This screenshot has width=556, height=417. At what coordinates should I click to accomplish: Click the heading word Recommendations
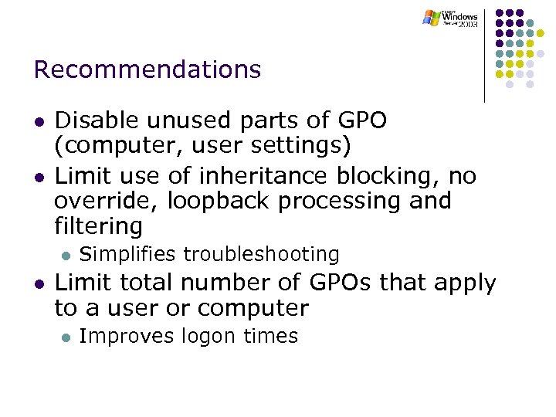click(x=147, y=70)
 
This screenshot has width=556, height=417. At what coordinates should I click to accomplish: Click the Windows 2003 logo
click(x=452, y=19)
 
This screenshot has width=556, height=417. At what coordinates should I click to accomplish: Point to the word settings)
click(x=302, y=145)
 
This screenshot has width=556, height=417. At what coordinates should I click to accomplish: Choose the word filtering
click(x=98, y=226)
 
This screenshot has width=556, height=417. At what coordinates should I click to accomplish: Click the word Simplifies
click(x=128, y=254)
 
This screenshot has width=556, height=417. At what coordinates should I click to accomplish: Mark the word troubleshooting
click(x=261, y=254)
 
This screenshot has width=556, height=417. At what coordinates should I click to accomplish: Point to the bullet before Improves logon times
click(x=66, y=337)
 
